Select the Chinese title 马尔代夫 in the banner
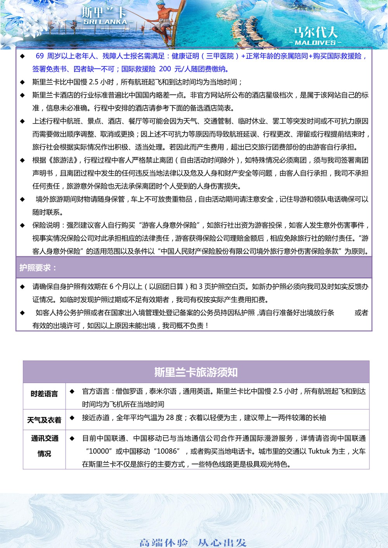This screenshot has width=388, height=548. (x=315, y=32)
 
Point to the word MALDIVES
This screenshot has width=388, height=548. (x=315, y=43)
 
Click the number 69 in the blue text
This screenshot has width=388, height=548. (x=40, y=56)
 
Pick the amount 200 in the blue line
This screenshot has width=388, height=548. (x=165, y=69)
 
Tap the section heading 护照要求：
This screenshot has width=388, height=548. (x=38, y=268)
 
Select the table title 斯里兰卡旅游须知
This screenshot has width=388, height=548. (x=196, y=372)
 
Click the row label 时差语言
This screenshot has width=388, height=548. (x=44, y=394)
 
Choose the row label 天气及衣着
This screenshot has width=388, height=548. (x=44, y=420)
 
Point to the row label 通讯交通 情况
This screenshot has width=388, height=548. (x=44, y=446)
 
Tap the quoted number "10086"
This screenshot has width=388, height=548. (x=167, y=451)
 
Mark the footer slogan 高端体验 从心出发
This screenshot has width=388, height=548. (x=193, y=543)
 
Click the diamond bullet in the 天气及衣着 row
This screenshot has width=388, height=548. (x=72, y=418)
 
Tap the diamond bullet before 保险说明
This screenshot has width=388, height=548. (x=23, y=225)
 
